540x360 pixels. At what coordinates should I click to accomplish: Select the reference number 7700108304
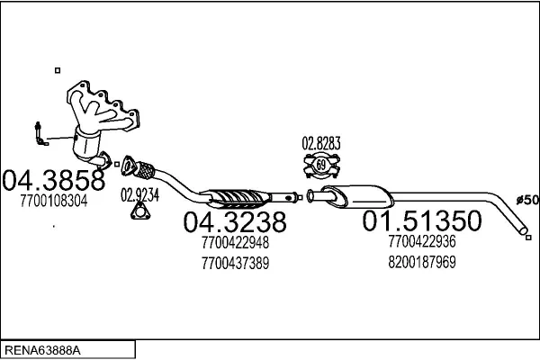click(53, 202)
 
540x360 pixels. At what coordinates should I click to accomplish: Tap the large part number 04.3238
click(235, 221)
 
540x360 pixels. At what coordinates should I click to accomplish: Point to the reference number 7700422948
click(236, 242)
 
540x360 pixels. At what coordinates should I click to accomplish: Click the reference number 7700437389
click(236, 263)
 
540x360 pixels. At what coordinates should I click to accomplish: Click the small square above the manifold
click(57, 69)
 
